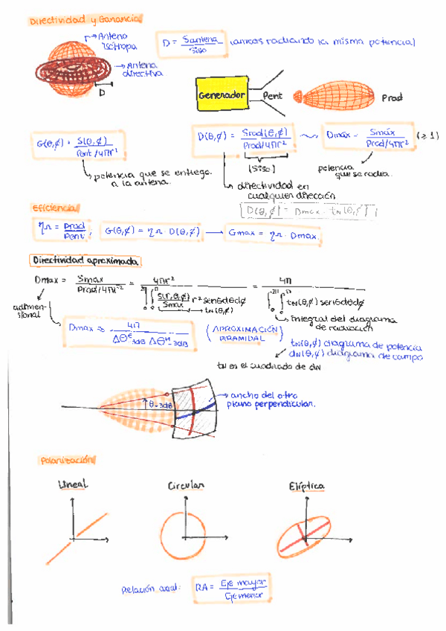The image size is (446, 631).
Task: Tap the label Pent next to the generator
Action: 272,97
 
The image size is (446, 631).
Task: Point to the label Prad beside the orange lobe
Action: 392,98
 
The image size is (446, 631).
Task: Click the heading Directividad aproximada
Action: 86,261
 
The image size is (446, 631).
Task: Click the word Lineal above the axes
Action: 73,484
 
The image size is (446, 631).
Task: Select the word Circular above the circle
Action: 185,486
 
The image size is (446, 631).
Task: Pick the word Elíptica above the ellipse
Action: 306,487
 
